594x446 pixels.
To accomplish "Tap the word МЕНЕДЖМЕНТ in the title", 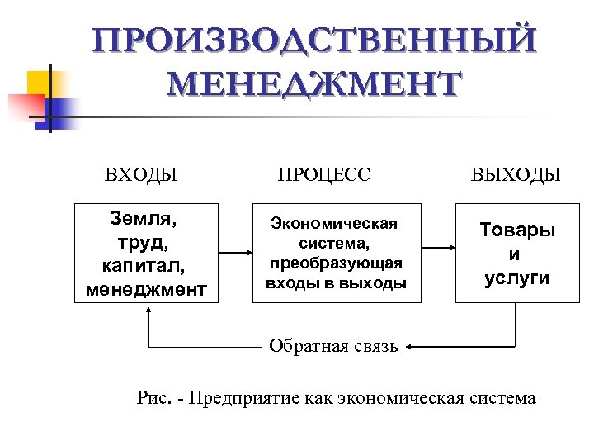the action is (x=313, y=86).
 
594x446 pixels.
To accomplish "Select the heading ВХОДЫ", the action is (x=141, y=175).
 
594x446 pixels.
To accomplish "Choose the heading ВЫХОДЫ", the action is (x=516, y=175).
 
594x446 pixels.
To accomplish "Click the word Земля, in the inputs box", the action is (x=144, y=220).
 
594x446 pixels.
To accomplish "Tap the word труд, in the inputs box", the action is (x=144, y=243).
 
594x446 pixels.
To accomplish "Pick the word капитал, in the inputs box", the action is (x=145, y=266).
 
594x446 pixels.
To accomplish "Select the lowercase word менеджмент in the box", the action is (x=146, y=289).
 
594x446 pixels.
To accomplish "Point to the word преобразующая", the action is (x=336, y=263).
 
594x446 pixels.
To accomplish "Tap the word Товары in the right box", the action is (x=518, y=230).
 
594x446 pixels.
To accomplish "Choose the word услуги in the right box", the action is (x=517, y=277).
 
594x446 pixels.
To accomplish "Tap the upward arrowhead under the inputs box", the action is (x=149, y=312).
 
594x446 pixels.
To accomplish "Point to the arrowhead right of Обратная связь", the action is (x=410, y=347).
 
